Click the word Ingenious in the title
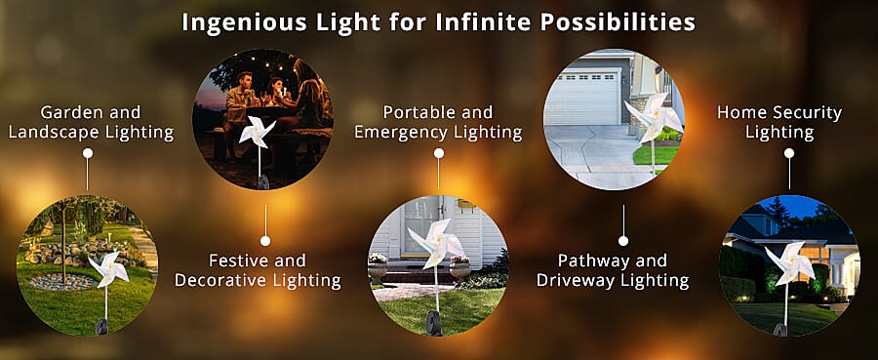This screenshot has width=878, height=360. coord(229,21)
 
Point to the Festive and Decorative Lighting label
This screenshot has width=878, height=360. coord(258,270)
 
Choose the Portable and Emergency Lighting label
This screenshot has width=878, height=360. coord(438,122)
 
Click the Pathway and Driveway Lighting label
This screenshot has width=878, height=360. coord(613,270)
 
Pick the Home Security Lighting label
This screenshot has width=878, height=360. coord(779,122)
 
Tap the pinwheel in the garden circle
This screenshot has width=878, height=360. coord(105,267)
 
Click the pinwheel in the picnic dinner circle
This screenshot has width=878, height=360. coord(258,131)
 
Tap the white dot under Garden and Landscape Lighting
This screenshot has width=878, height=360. coord(88,153)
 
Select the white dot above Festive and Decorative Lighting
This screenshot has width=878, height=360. coord(265,240)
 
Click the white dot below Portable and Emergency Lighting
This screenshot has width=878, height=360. coord(438,153)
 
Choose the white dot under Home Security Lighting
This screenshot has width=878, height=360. coord(788,153)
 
